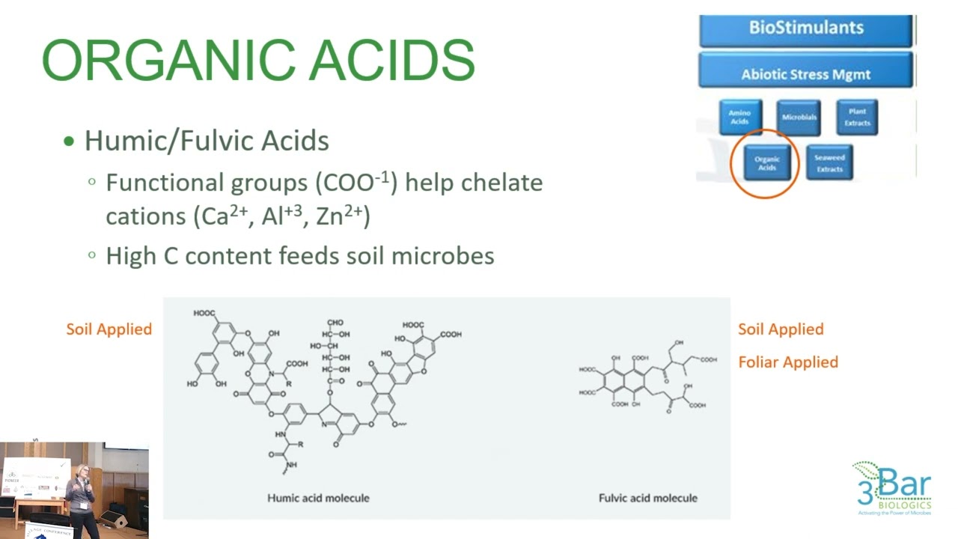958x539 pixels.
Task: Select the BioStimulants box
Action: pyautogui.click(x=806, y=28)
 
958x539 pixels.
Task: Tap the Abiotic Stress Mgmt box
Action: pyautogui.click(x=806, y=74)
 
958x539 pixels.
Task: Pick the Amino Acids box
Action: pyautogui.click(x=739, y=118)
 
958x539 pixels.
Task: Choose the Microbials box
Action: pyautogui.click(x=799, y=118)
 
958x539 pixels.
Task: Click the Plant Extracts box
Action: pyautogui.click(x=857, y=118)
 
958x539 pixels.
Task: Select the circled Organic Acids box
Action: pyautogui.click(x=766, y=163)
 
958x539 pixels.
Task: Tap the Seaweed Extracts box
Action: pyautogui.click(x=829, y=163)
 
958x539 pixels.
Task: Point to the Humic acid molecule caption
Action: pyautogui.click(x=318, y=498)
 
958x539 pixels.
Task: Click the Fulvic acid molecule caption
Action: pyautogui.click(x=647, y=498)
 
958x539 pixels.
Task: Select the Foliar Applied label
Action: pyautogui.click(x=788, y=362)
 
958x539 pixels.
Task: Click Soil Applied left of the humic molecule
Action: pyautogui.click(x=109, y=329)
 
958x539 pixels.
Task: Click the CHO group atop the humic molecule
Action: pyautogui.click(x=335, y=323)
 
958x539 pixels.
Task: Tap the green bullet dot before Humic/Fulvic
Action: pyautogui.click(x=70, y=141)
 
